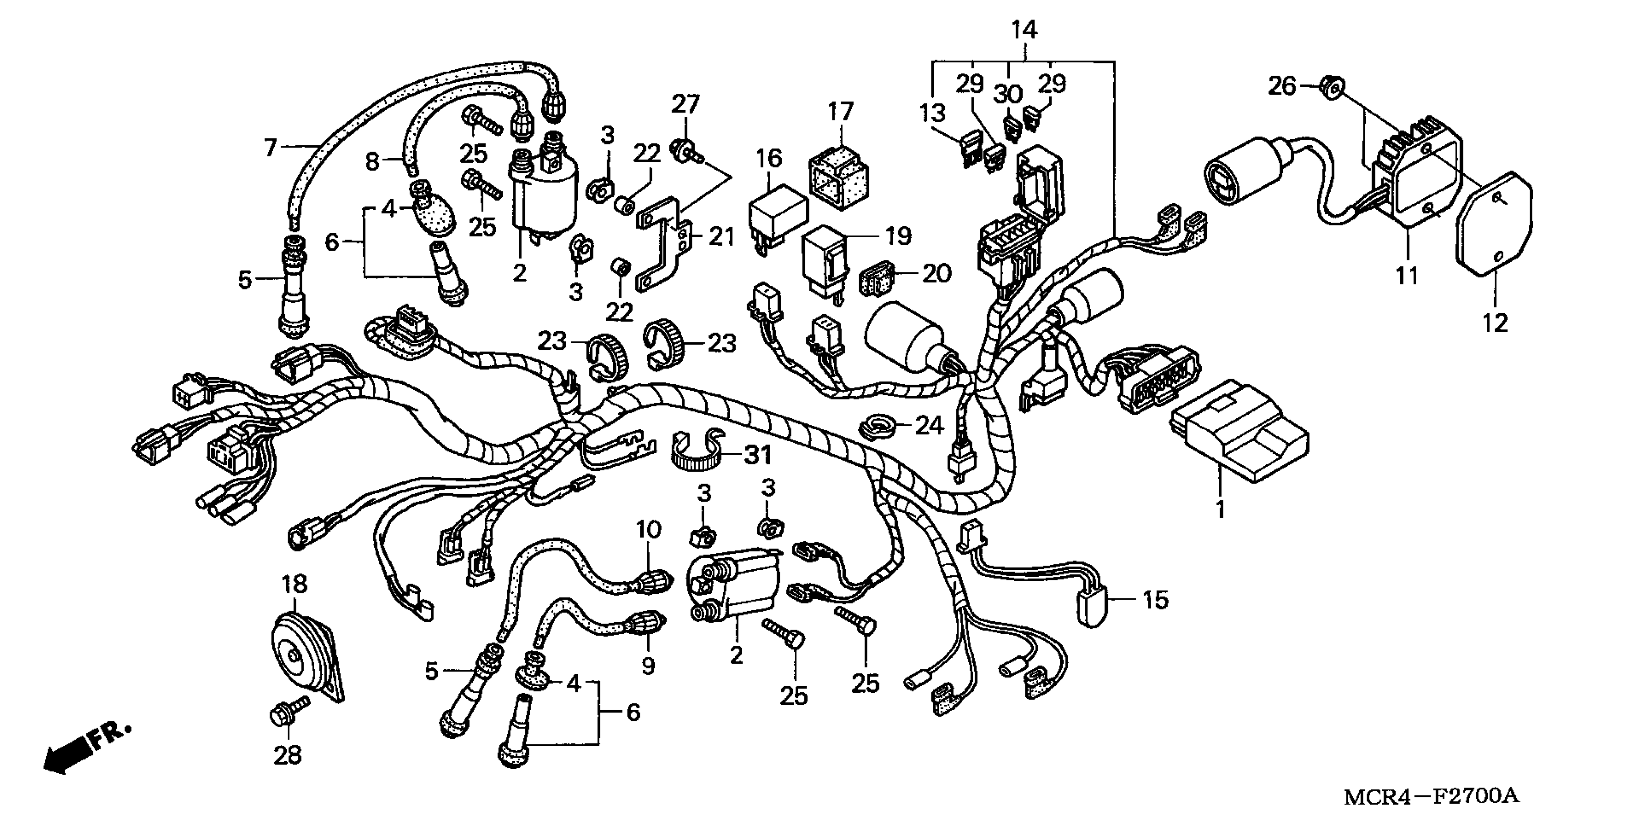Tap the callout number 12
1495,323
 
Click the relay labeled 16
777,213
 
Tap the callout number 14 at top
1024,30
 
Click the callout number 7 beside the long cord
270,148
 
